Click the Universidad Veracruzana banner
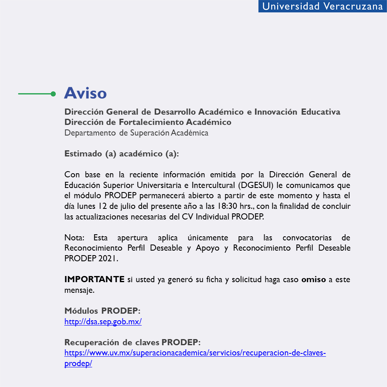point(322,6)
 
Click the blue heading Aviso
point(85,93)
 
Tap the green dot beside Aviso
point(53,94)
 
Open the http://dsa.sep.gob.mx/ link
point(103,321)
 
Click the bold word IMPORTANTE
point(94,279)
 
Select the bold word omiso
point(313,279)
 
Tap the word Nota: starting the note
point(75,237)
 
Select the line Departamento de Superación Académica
point(136,133)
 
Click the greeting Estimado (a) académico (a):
point(122,154)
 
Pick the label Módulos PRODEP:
point(102,311)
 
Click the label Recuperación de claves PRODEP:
point(132,342)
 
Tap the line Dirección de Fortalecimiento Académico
point(148,122)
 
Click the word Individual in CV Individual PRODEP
point(213,217)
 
